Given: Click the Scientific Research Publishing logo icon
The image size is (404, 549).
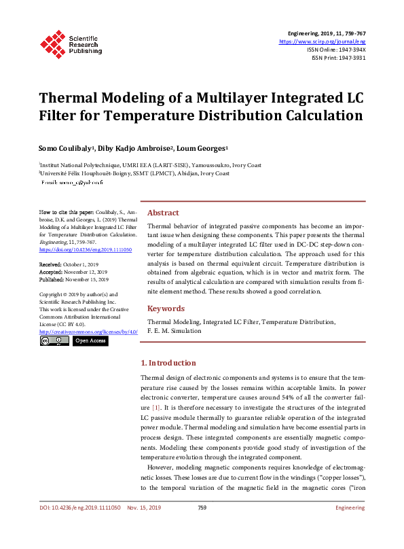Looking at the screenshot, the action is click(52, 43).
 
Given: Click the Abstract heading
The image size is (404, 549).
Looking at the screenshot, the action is click(163, 213).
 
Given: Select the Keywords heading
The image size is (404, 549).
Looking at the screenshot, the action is click(166, 308).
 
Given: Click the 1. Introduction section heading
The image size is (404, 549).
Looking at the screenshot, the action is click(168, 363).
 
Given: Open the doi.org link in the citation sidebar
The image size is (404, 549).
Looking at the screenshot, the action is click(80, 250).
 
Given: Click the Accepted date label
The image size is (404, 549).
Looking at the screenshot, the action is click(50, 271).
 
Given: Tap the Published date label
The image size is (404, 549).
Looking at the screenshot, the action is click(52, 279).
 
